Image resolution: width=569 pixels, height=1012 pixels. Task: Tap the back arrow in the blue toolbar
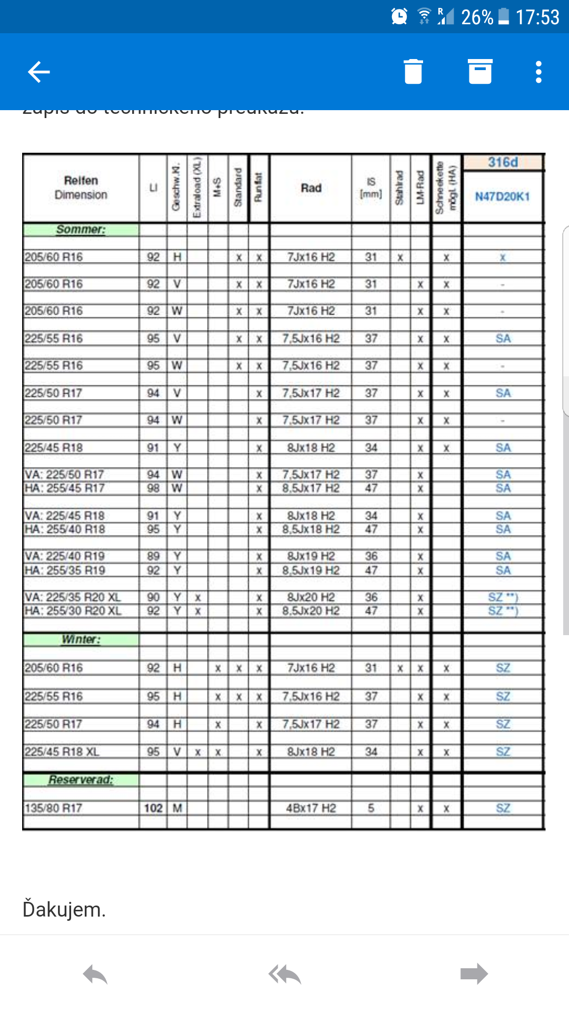[39, 72]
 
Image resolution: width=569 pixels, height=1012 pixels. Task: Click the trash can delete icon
[413, 72]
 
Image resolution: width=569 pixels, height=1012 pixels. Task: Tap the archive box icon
[480, 72]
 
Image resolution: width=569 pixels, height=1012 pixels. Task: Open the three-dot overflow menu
[538, 72]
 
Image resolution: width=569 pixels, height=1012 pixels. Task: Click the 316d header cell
[503, 162]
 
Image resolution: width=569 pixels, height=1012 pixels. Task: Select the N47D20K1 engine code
[503, 197]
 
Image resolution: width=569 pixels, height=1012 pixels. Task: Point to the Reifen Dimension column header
[81, 188]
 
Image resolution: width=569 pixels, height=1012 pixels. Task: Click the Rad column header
[311, 188]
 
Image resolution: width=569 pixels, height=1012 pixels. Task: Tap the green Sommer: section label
[81, 229]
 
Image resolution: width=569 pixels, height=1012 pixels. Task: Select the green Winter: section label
[81, 639]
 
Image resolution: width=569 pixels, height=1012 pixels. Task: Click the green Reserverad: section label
[81, 780]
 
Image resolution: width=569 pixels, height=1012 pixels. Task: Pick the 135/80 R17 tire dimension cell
[54, 808]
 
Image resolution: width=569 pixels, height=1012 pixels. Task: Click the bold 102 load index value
[153, 808]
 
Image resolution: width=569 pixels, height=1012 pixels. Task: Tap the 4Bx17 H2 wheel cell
[311, 808]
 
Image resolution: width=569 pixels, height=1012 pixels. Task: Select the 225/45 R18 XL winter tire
[62, 752]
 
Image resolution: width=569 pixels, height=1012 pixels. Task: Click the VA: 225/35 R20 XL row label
[73, 597]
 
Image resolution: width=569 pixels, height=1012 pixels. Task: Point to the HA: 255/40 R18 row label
[65, 529]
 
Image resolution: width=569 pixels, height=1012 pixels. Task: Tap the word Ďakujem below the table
[64, 910]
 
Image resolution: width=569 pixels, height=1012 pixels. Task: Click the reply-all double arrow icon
[284, 974]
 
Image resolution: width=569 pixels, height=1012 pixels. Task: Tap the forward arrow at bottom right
[474, 974]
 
